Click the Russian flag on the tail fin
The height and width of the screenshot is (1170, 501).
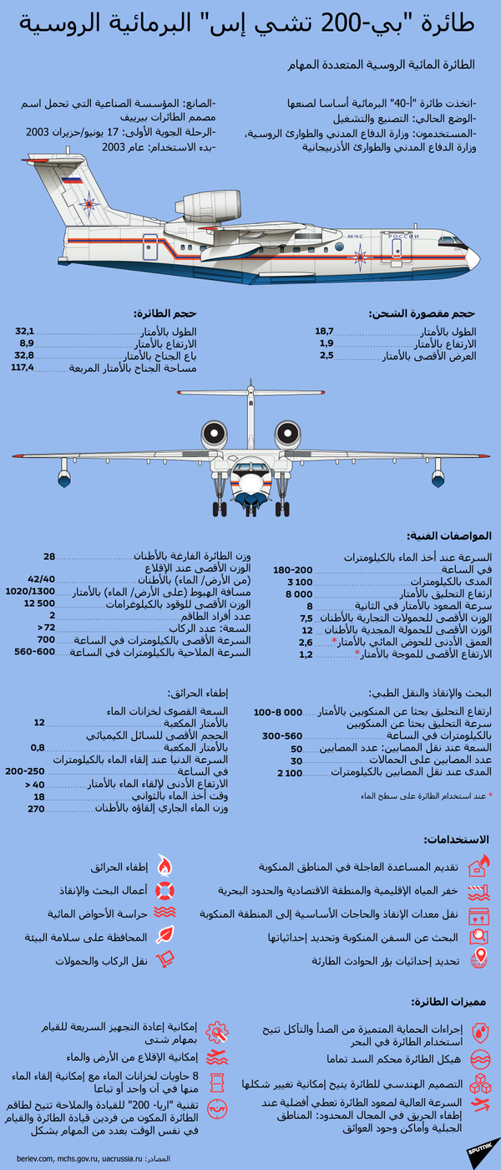pyautogui.click(x=72, y=180)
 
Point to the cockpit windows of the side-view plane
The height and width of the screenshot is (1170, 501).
pyautogui.click(x=452, y=242)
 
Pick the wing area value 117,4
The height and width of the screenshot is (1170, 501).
pyautogui.click(x=22, y=368)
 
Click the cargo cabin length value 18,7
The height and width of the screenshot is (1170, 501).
pyautogui.click(x=324, y=331)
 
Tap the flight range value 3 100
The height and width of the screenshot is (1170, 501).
pyautogui.click(x=300, y=581)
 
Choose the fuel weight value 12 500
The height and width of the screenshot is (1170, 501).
pyautogui.click(x=39, y=603)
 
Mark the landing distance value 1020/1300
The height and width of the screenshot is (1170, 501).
pyautogui.click(x=30, y=591)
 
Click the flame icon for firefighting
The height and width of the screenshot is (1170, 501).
pyautogui.click(x=164, y=865)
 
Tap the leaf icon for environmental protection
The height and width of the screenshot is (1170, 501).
pyautogui.click(x=164, y=936)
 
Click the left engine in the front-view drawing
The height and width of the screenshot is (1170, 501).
pyautogui.click(x=214, y=435)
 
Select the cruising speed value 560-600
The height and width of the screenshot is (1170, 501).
pyautogui.click(x=34, y=651)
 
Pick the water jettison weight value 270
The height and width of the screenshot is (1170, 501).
pyautogui.click(x=36, y=809)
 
